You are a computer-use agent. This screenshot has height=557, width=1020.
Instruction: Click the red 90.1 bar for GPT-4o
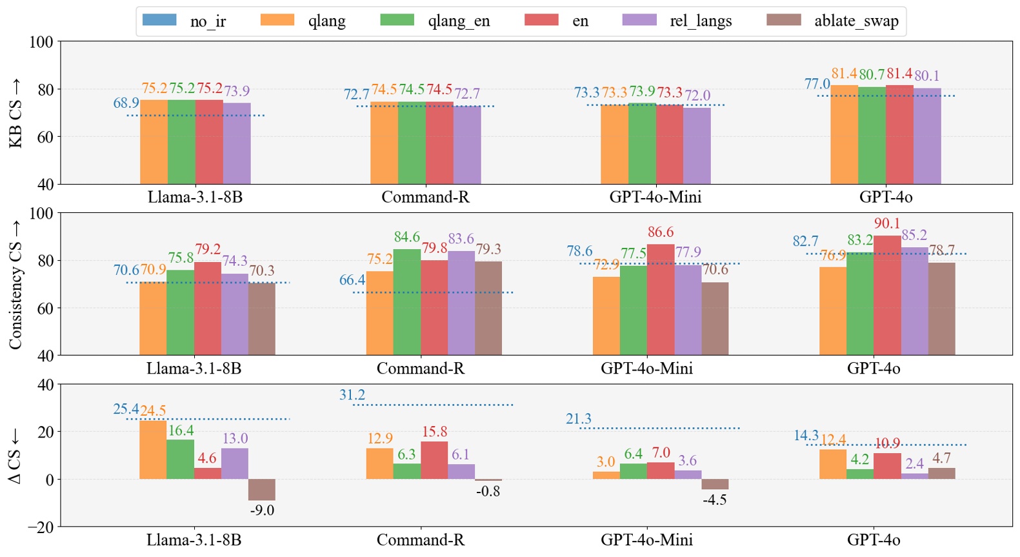click(887, 296)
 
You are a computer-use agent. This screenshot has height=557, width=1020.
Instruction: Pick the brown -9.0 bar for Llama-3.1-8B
click(262, 490)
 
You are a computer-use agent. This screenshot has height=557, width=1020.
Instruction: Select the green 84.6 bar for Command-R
click(407, 302)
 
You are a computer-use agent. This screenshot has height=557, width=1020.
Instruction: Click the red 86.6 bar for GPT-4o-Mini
click(661, 299)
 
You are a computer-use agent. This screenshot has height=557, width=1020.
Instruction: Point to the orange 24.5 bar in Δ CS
click(153, 450)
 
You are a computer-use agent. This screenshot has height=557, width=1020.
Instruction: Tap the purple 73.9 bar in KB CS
click(237, 143)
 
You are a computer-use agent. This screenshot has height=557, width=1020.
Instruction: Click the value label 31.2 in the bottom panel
click(352, 395)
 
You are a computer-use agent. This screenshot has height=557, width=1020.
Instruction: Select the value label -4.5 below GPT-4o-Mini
click(715, 500)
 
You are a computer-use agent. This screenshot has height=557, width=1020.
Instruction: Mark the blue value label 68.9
click(126, 103)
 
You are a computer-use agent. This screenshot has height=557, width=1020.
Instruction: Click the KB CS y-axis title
click(15, 114)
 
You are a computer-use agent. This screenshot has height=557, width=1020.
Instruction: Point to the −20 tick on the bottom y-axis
click(41, 527)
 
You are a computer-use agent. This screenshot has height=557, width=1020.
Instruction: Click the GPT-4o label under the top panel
click(886, 197)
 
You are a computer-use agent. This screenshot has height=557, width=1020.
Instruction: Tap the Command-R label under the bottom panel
click(421, 540)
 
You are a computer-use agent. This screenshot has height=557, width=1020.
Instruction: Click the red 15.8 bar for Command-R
click(434, 460)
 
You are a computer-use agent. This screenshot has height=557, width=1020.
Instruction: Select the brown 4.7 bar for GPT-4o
click(942, 473)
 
